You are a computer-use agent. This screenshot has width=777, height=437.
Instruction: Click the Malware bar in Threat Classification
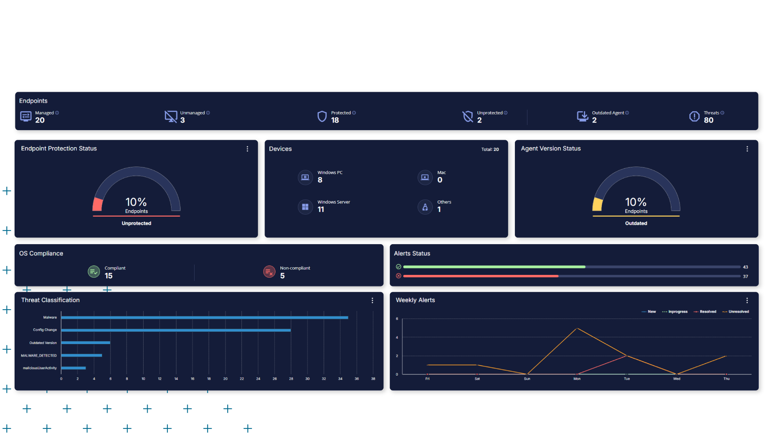point(204,318)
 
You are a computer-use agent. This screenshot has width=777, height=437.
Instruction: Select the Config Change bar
point(176,330)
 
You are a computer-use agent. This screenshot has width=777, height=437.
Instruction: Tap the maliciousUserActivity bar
point(73,368)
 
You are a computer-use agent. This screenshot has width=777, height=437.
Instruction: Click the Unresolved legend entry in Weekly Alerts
point(738,312)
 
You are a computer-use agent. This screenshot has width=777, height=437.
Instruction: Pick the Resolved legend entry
point(707,312)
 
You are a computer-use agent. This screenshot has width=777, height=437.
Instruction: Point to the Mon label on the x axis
point(577,379)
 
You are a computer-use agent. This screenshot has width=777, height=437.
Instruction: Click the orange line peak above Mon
point(577,328)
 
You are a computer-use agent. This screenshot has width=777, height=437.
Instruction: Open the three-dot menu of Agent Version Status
point(747,149)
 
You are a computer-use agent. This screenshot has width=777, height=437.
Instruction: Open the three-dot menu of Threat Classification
point(372,300)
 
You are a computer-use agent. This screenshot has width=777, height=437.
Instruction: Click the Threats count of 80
point(708,120)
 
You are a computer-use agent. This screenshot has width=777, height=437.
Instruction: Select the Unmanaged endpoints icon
point(171,116)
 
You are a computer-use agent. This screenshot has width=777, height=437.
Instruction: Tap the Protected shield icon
point(322,116)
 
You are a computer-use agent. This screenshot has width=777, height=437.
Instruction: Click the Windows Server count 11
point(321,209)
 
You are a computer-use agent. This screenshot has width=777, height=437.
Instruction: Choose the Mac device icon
point(425,177)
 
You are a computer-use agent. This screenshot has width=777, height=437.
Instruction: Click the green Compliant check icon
point(94,272)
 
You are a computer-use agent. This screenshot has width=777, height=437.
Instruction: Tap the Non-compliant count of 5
point(282,276)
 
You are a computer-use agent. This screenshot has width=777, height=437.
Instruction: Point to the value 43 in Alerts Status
point(745,267)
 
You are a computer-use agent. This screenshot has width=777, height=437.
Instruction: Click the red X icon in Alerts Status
point(398,276)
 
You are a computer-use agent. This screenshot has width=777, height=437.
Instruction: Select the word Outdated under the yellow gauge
point(636,223)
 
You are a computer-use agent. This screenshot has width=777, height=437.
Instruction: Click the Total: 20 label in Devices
point(490,150)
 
